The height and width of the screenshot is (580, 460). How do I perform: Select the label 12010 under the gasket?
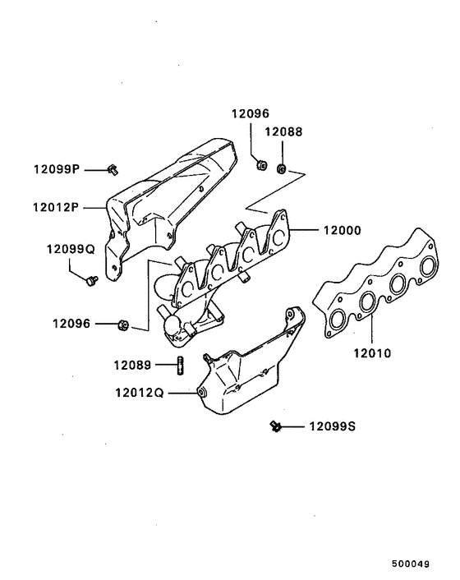pyautogui.click(x=372, y=355)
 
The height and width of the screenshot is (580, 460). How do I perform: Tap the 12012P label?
pyautogui.click(x=55, y=208)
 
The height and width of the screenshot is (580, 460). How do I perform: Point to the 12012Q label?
pyautogui.click(x=141, y=393)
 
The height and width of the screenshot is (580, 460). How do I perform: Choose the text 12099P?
pyautogui.click(x=56, y=169)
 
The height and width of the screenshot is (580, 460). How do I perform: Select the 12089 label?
pyautogui.click(x=131, y=364)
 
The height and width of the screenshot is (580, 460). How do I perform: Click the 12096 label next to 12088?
pyautogui.click(x=249, y=114)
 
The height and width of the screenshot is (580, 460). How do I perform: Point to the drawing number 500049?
pyautogui.click(x=411, y=564)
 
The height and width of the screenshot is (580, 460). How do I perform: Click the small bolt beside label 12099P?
pyautogui.click(x=113, y=169)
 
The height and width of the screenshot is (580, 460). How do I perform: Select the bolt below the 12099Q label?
pyautogui.click(x=89, y=282)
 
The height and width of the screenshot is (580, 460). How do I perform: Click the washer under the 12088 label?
pyautogui.click(x=282, y=169)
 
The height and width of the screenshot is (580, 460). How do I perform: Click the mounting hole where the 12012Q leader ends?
pyautogui.click(x=202, y=394)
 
